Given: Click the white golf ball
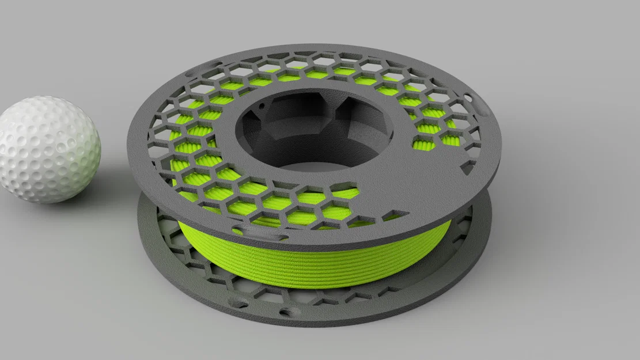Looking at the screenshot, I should pos(48,149).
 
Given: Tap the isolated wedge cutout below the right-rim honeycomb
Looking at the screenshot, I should pos(467,168).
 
